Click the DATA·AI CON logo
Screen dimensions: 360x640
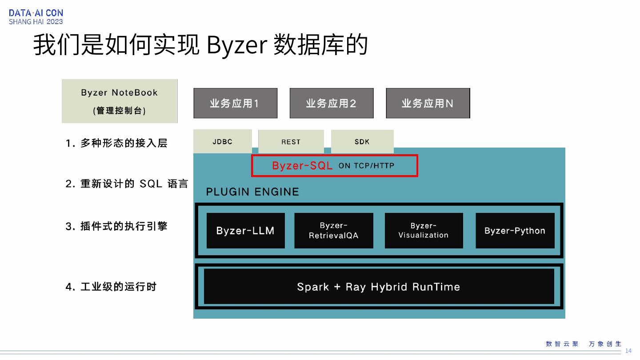36,17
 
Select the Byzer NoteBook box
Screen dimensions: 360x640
120,101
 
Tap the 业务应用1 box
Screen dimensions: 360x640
235,103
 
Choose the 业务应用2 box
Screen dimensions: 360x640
331,103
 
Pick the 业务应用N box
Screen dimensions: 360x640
428,103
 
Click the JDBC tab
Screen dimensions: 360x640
222,142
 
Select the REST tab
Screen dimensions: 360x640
291,142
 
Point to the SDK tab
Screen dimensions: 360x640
362,142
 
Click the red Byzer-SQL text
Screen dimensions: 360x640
302,166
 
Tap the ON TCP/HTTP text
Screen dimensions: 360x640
366,166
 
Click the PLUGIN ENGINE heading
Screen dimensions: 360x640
252,192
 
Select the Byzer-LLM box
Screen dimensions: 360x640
245,231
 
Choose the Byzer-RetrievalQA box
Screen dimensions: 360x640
333,231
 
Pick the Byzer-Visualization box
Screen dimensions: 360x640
424,231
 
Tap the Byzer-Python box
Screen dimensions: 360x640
515,231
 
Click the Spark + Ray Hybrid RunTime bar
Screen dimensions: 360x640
379,287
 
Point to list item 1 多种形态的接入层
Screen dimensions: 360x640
116,143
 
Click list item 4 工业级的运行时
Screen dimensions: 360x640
111,287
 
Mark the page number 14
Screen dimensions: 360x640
628,351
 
